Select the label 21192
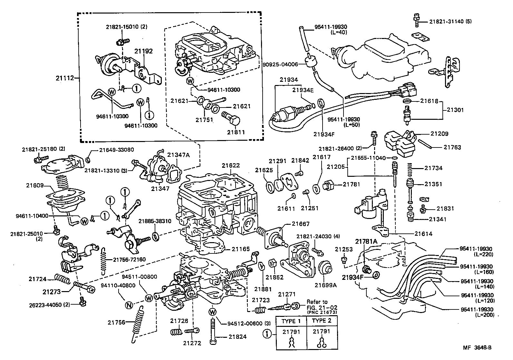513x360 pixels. point(143,51)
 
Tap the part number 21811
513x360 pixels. point(236,132)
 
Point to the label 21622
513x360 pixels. point(231,166)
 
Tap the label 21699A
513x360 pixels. point(325,285)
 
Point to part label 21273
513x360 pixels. point(52,292)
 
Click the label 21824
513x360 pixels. point(237,337)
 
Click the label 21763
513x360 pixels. point(452,147)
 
